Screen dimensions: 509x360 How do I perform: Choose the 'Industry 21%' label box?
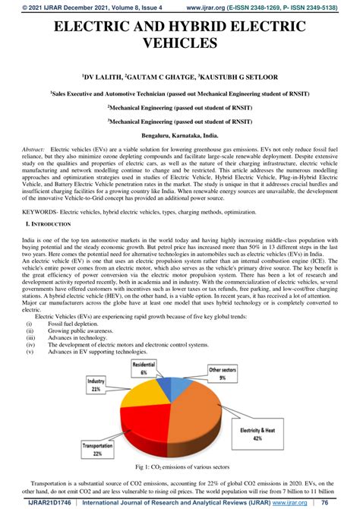tap(96, 385)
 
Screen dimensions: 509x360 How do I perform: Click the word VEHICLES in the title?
tap(180, 46)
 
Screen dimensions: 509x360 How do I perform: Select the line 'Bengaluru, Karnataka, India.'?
tap(180, 134)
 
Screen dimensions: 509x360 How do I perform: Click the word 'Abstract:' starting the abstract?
tap(34, 150)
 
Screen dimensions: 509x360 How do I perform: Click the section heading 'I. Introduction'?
tap(49, 224)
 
